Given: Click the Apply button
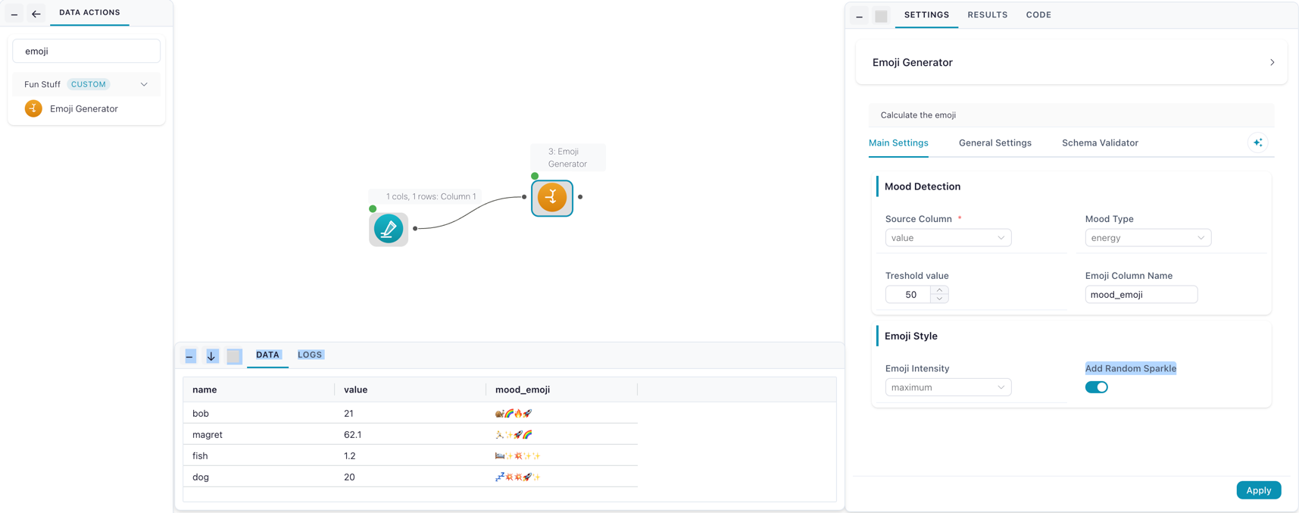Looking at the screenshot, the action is point(1258,490).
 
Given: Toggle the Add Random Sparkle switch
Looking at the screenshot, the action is point(1096,387).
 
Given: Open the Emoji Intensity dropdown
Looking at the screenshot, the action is point(948,387).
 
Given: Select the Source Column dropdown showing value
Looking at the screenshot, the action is point(948,238).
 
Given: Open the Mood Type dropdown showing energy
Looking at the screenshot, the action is point(1148,238).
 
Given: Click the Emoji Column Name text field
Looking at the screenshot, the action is point(1141,295).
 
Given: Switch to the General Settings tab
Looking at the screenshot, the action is point(995,142).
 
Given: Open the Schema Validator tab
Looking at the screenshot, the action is point(1100,142).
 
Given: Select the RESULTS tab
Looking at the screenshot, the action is point(987,14).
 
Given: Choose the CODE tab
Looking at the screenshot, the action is point(1038,14).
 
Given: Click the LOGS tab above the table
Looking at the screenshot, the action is point(310,355).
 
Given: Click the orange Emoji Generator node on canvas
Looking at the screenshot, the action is point(552,198).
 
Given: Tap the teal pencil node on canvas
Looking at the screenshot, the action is point(389,229).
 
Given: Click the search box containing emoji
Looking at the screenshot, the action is point(86,52).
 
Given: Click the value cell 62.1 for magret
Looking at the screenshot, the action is point(353,434).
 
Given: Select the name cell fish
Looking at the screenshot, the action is point(200,455).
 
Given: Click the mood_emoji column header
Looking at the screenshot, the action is point(523,389).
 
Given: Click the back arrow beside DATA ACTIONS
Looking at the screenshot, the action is point(36,14).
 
